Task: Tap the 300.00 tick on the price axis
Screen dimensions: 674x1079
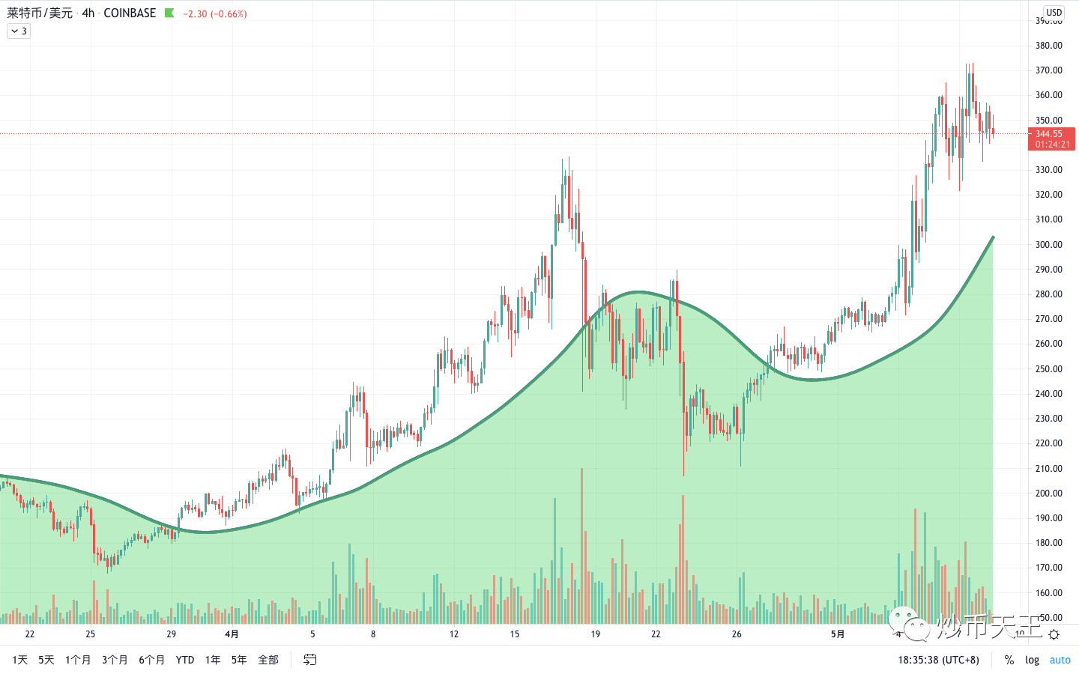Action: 1049,244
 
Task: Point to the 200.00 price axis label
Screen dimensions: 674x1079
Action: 1049,493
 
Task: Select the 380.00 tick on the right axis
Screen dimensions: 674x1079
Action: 1049,46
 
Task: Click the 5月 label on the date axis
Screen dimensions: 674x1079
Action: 838,634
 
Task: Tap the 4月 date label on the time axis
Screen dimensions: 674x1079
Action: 232,634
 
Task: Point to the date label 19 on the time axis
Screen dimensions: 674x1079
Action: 596,634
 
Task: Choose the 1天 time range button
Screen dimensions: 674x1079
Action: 20,660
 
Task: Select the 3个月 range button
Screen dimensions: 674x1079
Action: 115,660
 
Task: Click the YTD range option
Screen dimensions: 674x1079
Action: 185,660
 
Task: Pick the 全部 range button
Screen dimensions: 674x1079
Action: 268,660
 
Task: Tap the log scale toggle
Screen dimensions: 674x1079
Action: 1033,660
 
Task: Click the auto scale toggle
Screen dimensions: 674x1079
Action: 1060,660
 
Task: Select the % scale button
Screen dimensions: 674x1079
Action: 1009,660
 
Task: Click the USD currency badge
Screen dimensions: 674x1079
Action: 1054,13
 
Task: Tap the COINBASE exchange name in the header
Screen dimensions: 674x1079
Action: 130,13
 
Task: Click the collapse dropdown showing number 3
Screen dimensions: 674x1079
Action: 19,31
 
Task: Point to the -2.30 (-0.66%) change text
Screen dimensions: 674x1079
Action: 215,13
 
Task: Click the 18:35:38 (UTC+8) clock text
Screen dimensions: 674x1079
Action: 939,660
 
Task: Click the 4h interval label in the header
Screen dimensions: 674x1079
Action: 88,13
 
